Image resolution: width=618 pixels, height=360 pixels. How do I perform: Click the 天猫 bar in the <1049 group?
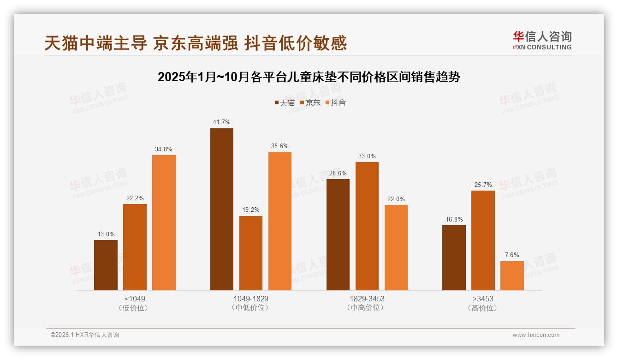point(106,265)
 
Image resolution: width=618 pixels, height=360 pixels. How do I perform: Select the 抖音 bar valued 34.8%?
point(164,222)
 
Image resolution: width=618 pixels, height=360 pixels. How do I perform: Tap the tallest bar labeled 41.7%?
point(222,209)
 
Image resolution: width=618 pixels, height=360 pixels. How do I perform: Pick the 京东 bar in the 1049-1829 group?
point(251,253)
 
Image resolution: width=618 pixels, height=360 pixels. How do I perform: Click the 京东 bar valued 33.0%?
point(367,226)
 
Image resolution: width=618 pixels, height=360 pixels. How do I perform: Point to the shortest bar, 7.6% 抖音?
point(512,276)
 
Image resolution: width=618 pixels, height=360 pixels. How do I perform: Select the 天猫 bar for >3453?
point(454,258)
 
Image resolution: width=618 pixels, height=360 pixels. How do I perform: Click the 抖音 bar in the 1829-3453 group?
point(396,247)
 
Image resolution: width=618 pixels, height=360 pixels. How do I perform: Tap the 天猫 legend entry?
point(285,103)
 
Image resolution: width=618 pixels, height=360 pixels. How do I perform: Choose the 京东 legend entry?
point(310,103)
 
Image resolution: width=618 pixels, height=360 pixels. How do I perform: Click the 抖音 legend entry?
point(336,103)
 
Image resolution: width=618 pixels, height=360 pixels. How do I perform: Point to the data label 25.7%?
point(483,185)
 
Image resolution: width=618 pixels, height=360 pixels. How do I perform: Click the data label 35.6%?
point(280,146)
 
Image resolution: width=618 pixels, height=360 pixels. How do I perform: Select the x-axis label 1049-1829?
point(251,299)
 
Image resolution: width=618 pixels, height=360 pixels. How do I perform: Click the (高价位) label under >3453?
point(483,308)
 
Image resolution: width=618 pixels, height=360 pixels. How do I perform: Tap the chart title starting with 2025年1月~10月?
point(309,77)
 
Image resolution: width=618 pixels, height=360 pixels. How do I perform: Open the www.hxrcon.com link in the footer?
point(536,335)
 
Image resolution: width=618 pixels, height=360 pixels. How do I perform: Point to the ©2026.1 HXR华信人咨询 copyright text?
point(85,335)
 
